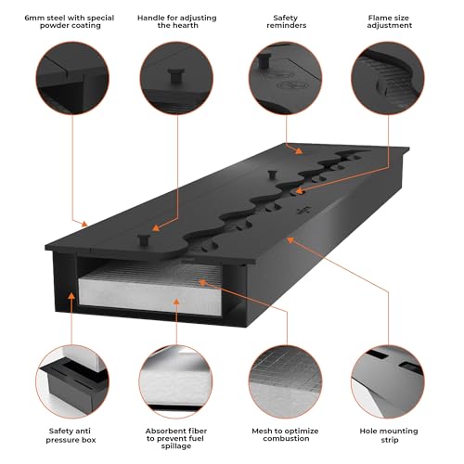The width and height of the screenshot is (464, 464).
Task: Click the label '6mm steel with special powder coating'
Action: tap(70, 21)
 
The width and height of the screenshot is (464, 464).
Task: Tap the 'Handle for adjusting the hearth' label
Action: tap(177, 21)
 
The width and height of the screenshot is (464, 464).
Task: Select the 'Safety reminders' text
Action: tap(286, 21)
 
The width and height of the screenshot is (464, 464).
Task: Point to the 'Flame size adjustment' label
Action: tap(389, 21)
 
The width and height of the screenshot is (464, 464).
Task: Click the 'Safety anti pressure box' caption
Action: tap(71, 435)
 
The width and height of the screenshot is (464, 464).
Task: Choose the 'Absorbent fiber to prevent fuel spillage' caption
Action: tap(176, 438)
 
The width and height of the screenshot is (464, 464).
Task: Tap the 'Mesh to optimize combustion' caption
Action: tap(285, 434)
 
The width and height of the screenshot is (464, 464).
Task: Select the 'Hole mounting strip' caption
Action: tap(389, 435)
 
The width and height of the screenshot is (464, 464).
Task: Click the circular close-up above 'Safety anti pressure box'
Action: tap(72, 381)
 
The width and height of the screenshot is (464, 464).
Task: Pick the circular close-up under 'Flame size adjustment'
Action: tap(388, 78)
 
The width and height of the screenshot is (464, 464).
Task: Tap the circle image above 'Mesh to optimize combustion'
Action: tap(285, 381)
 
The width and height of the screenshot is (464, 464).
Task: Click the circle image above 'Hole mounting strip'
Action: tap(388, 381)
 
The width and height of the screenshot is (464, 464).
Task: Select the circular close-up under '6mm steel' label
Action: tap(72, 78)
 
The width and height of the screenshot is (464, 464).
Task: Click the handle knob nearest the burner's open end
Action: tap(144, 239)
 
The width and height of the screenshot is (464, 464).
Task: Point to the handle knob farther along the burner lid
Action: tap(272, 174)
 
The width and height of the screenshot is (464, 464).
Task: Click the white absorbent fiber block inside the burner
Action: tap(150, 290)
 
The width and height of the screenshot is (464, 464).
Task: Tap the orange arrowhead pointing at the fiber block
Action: tap(176, 302)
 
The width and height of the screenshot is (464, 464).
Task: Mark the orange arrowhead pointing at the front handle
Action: tap(156, 228)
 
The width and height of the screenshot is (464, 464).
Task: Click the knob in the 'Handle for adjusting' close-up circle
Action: tap(176, 75)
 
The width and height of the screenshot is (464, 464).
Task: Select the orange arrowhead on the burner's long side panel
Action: tap(290, 239)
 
